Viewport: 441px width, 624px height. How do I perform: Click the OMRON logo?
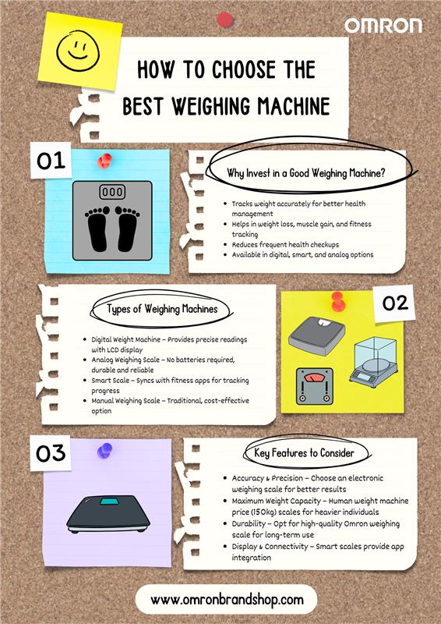pos(383,26)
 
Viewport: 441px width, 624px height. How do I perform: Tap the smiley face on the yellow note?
pos(78,51)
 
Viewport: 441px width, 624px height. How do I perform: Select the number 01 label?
pos(51,161)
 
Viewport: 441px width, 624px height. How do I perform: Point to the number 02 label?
pos(395,303)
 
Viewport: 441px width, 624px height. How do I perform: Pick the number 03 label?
pos(51,454)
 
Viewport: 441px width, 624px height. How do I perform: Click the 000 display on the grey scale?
pos(112,192)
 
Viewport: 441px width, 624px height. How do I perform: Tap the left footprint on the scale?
pos(97,229)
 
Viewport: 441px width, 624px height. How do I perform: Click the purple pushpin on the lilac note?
pos(104,451)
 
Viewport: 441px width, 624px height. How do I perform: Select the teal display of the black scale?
pos(109,501)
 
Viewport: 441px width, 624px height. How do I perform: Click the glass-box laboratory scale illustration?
pos(373,362)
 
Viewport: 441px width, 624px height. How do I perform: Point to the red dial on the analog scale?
pos(315,377)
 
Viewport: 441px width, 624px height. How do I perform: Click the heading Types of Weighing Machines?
pos(162,309)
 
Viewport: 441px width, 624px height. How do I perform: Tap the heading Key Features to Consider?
pos(304,453)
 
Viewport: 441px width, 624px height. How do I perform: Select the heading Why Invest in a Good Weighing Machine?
pos(306,173)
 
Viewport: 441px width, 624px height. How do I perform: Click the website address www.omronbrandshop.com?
pos(227,599)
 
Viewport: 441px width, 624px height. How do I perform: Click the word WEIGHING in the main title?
pos(211,106)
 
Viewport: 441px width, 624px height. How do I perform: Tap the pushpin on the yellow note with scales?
pos(337,301)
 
